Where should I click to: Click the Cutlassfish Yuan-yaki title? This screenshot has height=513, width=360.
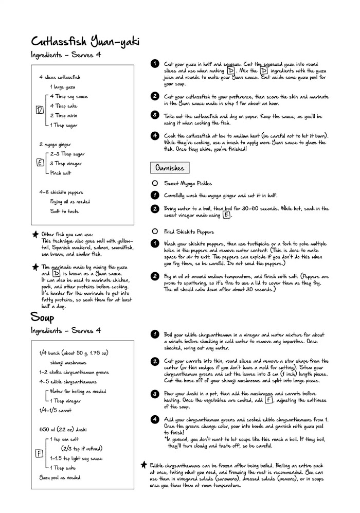click(85, 42)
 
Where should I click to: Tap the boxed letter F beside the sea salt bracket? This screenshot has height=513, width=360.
click(39, 453)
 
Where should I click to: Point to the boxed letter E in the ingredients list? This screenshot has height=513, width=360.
click(40, 163)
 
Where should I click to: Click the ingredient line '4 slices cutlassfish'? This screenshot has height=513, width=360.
click(60, 77)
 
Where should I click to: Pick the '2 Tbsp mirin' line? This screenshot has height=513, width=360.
click(66, 115)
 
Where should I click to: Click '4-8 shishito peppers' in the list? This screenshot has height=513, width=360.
click(61, 192)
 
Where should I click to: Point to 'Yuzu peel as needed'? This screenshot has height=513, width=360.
click(59, 477)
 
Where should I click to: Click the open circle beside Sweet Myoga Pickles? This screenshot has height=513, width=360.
click(155, 183)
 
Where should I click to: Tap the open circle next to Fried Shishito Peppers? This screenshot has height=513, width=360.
click(155, 232)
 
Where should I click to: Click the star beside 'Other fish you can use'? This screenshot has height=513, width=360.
click(35, 234)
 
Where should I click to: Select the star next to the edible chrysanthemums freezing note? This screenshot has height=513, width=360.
click(144, 465)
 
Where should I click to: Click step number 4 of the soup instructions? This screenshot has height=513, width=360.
click(155, 419)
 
